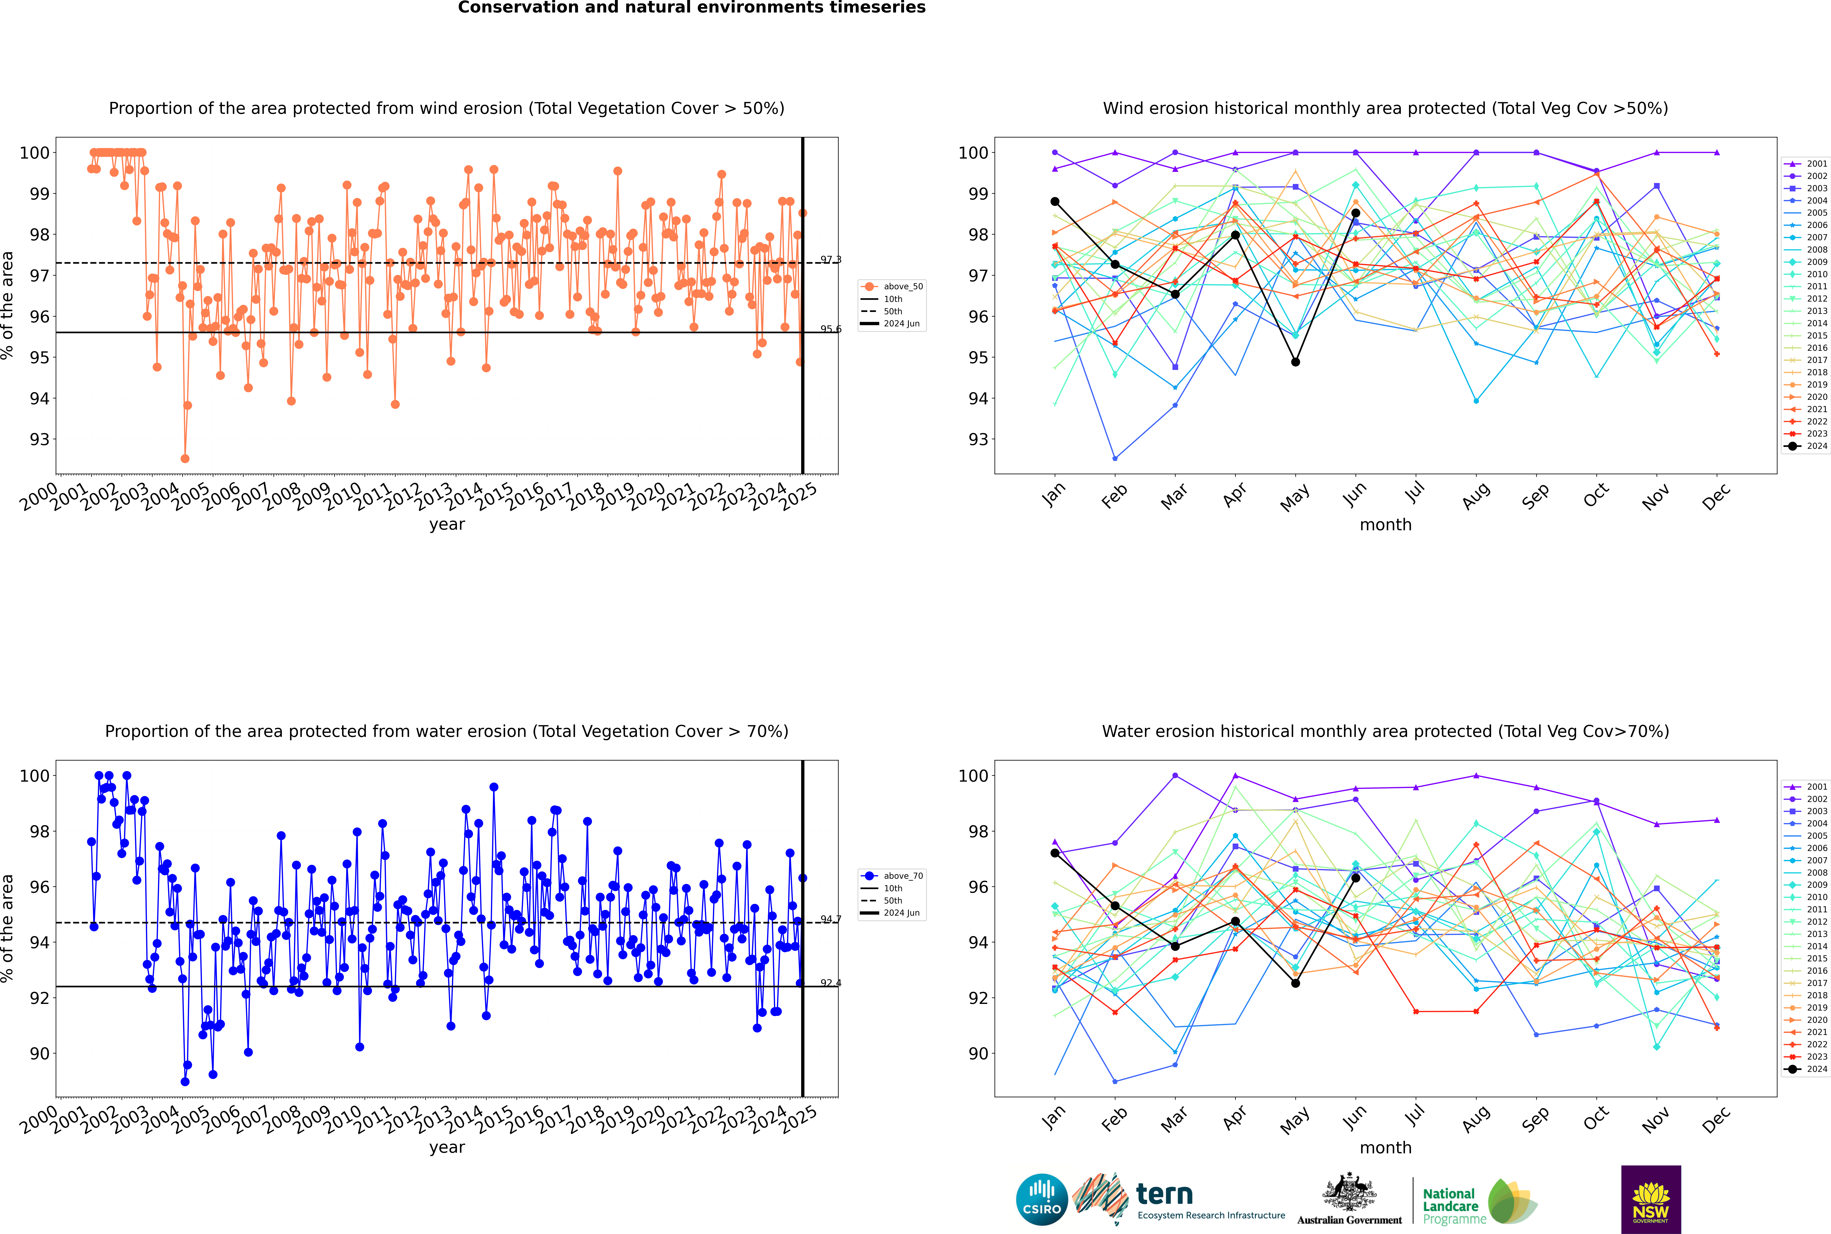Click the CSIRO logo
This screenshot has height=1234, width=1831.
click(1041, 1199)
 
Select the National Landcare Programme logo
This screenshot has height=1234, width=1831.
click(1480, 1201)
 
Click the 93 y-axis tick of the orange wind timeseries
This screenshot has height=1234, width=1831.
click(39, 439)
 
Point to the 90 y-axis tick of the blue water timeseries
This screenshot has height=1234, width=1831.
click(39, 1054)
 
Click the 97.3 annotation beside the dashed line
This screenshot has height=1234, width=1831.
click(830, 260)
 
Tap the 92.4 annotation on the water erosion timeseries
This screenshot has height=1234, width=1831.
click(830, 983)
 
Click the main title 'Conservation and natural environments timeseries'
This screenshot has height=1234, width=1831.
click(692, 8)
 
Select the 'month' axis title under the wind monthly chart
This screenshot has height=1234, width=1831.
click(1385, 525)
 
